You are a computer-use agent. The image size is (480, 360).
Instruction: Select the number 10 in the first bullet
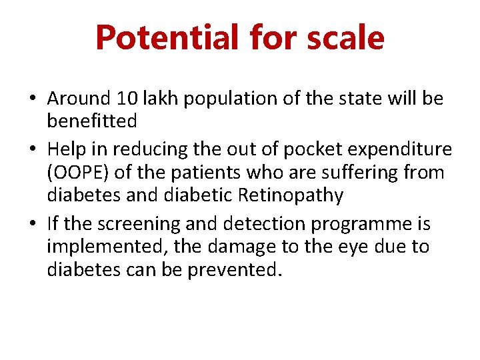pos(125,99)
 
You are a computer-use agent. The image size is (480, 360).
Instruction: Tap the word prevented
pos(227,271)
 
